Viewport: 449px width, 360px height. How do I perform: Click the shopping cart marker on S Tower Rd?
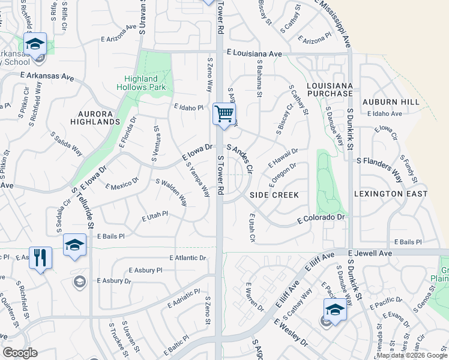[x=224, y=113]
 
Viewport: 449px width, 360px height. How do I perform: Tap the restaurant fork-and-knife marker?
[x=40, y=258]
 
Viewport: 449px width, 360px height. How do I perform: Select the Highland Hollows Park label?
[x=141, y=83]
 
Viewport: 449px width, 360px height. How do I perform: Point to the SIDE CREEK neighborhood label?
[x=274, y=195]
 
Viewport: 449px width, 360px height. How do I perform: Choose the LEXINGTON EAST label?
[x=391, y=194]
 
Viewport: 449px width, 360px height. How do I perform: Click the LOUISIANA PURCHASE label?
[x=330, y=89]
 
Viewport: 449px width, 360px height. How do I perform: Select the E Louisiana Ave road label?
[x=255, y=54]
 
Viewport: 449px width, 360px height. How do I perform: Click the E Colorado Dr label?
[x=322, y=220]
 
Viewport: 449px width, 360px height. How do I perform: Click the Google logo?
[x=20, y=353]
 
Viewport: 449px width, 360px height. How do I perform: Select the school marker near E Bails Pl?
[x=74, y=245]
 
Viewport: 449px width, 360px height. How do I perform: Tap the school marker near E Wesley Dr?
[x=334, y=310]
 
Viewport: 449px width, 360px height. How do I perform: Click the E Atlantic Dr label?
[x=188, y=258]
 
